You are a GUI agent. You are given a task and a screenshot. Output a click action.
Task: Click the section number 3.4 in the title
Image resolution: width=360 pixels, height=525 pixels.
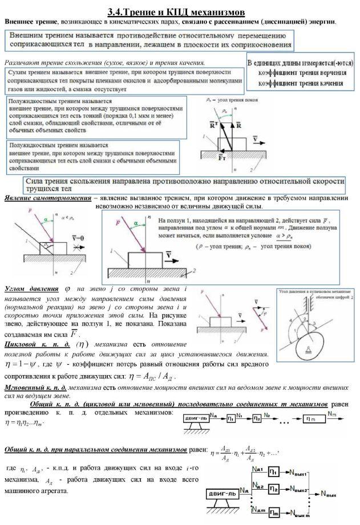pos(116,11)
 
